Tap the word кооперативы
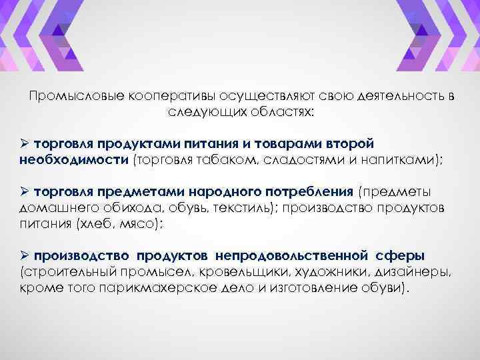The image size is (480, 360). [161, 97]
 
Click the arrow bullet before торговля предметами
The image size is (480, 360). [24, 193]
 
